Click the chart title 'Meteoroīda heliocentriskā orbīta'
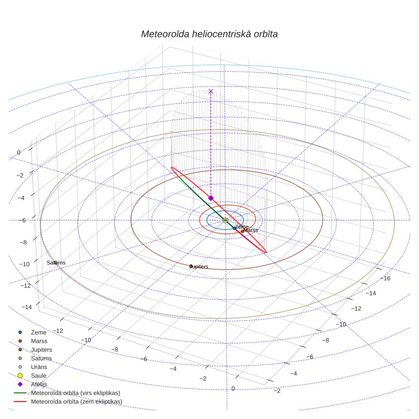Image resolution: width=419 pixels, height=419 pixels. point(209,34)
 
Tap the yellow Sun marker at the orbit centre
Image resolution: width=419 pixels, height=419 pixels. point(225,220)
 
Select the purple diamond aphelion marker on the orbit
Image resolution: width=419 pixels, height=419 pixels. point(211,198)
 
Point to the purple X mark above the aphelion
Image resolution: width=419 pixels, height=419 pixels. point(210,91)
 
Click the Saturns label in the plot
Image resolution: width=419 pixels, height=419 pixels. point(56,263)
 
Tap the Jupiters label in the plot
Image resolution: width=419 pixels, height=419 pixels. point(199,266)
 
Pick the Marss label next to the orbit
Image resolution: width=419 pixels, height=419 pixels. point(251,230)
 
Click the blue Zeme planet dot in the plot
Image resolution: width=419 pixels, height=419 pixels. point(234,228)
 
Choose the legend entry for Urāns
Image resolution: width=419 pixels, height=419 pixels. point(39,367)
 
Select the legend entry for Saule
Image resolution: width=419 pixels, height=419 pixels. point(39,376)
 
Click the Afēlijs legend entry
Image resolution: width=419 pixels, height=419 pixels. point(39,384)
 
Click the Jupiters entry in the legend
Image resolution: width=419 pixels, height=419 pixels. point(41,349)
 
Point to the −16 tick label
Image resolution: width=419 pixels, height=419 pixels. point(385,278)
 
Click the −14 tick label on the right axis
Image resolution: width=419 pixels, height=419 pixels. point(371,293)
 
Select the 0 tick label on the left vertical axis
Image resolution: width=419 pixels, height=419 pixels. point(19,153)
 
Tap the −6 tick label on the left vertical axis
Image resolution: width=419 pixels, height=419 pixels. point(22,220)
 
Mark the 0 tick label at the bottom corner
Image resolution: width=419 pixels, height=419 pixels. point(233,388)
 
